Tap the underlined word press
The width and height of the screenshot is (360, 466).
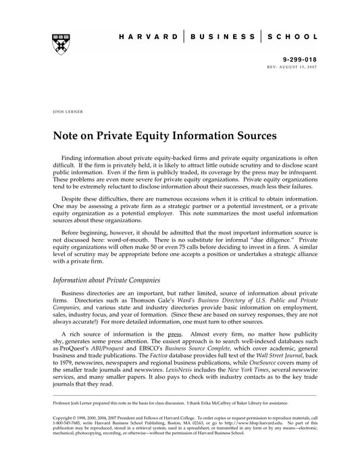(175, 334)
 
